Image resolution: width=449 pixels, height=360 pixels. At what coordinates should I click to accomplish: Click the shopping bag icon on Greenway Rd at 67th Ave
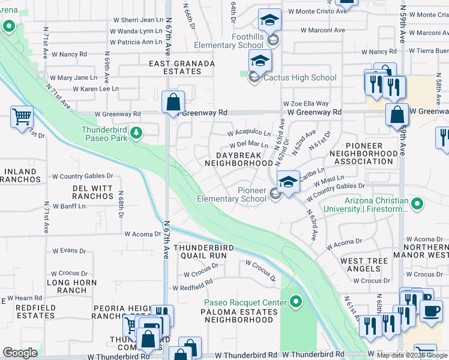click(x=173, y=103)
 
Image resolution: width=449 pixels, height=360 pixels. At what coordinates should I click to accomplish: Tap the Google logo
click(x=20, y=353)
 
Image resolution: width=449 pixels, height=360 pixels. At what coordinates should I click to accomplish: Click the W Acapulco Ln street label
click(x=250, y=133)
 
